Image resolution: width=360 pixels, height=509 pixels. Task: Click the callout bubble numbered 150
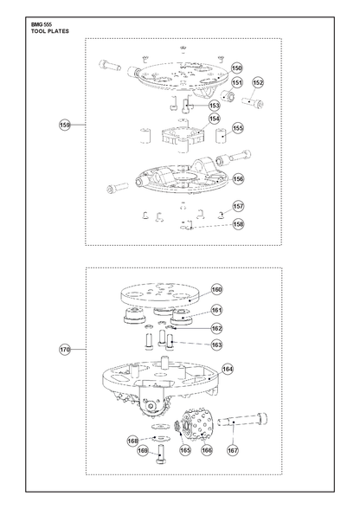click(x=237, y=68)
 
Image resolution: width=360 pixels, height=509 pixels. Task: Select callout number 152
click(x=258, y=83)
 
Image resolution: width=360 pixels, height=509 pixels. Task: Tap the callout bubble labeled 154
click(x=215, y=119)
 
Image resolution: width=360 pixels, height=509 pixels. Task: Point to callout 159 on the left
click(x=65, y=125)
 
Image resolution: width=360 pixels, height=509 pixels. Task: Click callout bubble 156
click(x=238, y=179)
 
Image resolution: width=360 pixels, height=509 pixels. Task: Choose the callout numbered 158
click(x=238, y=224)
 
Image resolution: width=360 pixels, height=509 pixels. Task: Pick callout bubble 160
click(x=217, y=289)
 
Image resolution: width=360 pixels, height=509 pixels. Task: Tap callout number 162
click(x=216, y=328)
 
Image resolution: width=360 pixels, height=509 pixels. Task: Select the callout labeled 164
click(x=228, y=369)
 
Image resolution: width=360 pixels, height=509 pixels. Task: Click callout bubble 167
click(x=233, y=450)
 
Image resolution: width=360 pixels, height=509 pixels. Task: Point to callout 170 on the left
click(x=65, y=350)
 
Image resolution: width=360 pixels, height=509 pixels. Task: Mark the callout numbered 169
click(x=143, y=450)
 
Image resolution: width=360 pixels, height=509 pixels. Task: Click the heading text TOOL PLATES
click(x=50, y=31)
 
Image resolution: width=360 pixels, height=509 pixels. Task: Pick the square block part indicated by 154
click(x=183, y=135)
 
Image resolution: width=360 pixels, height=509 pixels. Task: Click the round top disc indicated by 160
click(x=159, y=294)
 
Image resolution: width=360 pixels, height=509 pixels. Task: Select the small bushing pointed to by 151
click(x=228, y=95)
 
